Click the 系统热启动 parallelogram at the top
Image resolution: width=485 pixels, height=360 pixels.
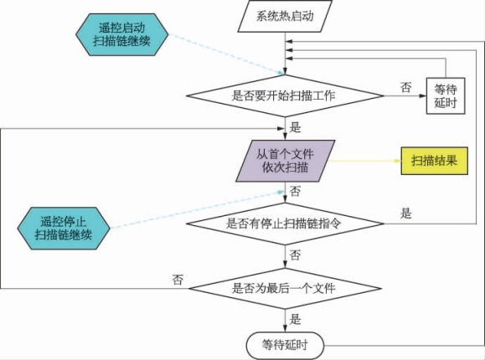(285, 16)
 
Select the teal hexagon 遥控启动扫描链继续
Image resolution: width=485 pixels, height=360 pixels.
(121, 34)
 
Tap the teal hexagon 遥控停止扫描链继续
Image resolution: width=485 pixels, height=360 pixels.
(64, 229)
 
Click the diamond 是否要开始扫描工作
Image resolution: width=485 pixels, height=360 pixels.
(285, 96)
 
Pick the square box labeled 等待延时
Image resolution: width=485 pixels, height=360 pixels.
(446, 96)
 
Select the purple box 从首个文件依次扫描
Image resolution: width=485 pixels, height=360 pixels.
(285, 161)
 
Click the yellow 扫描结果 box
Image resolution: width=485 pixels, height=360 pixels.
(434, 161)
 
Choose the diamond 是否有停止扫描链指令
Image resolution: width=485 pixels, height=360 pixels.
(285, 224)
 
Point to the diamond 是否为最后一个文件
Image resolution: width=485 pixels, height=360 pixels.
(285, 289)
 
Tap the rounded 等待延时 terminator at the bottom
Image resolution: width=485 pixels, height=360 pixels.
(285, 346)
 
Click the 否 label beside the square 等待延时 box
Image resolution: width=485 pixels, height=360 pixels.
(406, 88)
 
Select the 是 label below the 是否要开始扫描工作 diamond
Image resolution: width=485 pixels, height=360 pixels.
(295, 127)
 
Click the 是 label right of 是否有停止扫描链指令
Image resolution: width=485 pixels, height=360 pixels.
(406, 213)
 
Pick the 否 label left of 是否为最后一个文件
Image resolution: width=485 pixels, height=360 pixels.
(178, 280)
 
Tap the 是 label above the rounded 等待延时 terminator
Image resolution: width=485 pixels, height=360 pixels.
(295, 319)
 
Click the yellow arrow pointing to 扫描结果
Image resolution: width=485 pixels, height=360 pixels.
(364, 161)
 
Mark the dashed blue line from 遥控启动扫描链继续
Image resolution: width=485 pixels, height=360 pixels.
(226, 54)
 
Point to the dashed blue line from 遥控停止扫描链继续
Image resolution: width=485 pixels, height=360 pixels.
(198, 209)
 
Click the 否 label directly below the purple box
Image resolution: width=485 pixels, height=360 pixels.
(295, 191)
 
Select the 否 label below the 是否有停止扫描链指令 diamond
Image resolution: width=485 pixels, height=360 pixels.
(295, 255)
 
